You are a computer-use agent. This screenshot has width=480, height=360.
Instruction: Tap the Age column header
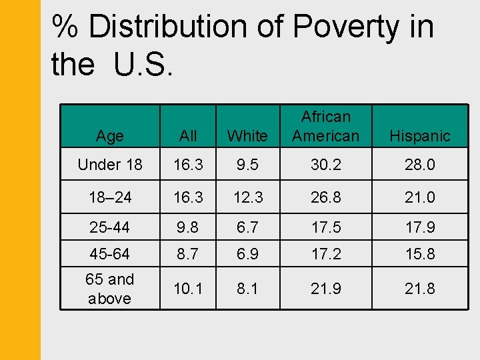[109, 136]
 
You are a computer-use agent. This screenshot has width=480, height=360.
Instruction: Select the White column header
[247, 136]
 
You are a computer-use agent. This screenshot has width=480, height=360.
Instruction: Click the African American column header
[326, 126]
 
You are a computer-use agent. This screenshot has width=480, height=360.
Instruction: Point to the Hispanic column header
[420, 136]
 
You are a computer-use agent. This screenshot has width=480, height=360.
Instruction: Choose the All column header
[188, 136]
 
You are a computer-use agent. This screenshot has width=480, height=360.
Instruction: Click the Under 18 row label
[110, 165]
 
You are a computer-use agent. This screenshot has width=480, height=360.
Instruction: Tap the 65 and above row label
[110, 289]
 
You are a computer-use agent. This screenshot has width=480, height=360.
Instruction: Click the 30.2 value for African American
[326, 165]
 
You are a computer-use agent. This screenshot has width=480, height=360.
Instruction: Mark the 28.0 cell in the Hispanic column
[420, 165]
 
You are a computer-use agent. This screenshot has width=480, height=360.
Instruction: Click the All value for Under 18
[188, 165]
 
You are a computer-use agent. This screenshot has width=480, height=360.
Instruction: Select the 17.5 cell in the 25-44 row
[326, 227]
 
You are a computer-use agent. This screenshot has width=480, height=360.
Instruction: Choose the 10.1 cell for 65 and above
[188, 289]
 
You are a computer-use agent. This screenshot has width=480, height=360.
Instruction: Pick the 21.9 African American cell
[326, 289]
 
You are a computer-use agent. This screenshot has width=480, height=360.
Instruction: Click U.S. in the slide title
[143, 65]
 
